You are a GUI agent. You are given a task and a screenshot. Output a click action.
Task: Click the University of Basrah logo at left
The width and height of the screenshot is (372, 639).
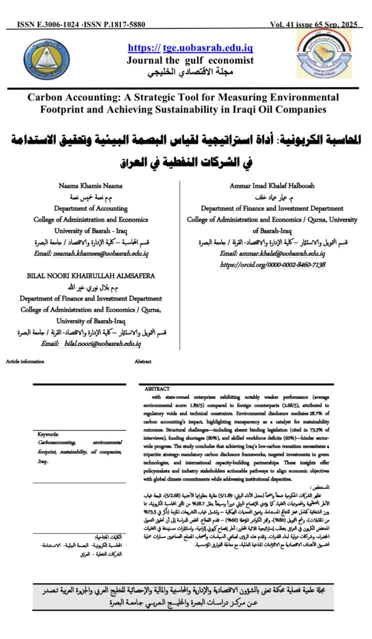click(x=46, y=59)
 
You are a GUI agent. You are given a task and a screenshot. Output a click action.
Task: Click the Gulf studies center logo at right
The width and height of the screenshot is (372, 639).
click(x=324, y=54)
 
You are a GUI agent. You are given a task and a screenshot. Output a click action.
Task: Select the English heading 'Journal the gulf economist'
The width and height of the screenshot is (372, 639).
click(x=190, y=60)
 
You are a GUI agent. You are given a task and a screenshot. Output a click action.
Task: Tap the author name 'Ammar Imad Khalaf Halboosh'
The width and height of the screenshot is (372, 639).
click(x=272, y=185)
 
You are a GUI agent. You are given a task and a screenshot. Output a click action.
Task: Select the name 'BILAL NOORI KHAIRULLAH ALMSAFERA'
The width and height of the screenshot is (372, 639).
click(x=91, y=275)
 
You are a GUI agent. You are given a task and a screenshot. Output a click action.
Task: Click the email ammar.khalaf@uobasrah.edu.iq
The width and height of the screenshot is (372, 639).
click(x=273, y=254)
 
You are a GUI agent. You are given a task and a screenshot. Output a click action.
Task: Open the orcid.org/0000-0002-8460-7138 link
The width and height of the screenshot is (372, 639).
click(x=273, y=265)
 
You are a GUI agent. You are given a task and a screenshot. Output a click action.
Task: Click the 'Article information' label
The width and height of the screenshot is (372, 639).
click(x=25, y=361)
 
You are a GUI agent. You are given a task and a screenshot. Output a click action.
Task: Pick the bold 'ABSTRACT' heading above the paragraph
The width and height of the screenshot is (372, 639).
click(x=157, y=388)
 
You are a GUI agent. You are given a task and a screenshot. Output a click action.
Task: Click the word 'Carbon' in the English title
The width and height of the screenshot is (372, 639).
click(x=48, y=97)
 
